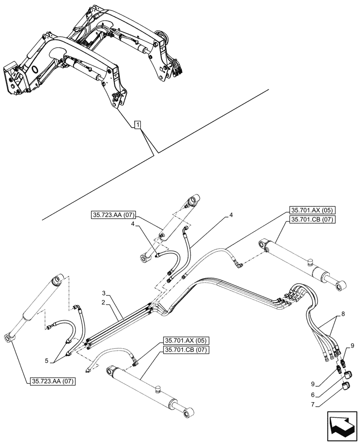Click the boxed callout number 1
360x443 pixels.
tap(138, 125)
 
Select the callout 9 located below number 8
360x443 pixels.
tap(352, 345)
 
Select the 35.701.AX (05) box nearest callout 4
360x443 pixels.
tap(313, 211)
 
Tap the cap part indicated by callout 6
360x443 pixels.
tap(348, 375)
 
